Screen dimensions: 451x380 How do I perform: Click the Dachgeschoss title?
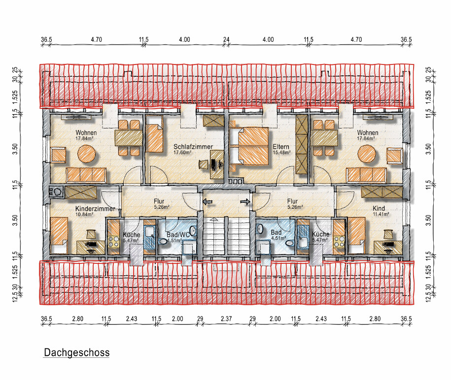76,352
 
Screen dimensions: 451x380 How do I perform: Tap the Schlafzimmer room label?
193,147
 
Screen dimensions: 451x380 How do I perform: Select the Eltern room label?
281,147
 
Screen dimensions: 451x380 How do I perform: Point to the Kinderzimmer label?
95,209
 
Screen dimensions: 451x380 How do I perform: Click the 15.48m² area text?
281,153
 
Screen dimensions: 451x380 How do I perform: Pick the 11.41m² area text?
381,214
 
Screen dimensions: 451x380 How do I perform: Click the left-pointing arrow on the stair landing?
208,202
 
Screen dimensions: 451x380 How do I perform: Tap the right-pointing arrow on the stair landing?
245,202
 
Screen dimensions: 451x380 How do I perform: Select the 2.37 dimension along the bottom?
226,318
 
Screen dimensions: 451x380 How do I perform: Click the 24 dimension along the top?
226,39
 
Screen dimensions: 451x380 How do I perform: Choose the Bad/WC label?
178,235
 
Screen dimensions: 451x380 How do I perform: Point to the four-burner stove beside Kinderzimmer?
113,241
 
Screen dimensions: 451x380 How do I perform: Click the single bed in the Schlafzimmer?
154,138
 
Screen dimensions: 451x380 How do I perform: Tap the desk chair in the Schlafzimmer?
204,164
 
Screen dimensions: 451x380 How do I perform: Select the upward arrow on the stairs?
214,220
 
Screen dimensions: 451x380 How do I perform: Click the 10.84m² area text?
84,214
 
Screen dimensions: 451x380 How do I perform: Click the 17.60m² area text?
182,153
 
